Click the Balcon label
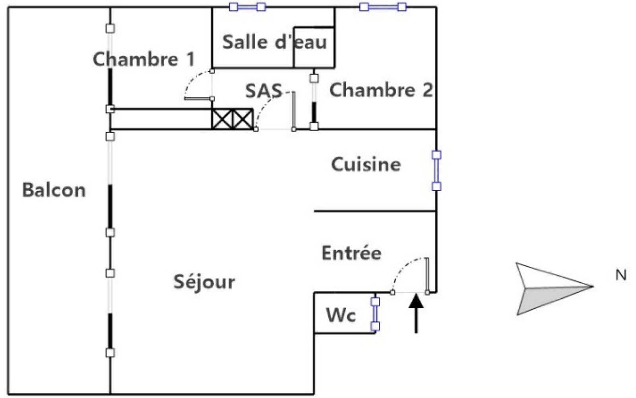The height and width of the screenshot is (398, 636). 54,190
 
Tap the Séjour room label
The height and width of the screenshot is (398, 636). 204,282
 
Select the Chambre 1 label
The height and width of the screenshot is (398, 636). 143,59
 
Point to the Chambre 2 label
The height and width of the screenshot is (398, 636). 380,90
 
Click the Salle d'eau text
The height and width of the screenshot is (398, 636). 274,42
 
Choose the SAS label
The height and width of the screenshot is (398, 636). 263,91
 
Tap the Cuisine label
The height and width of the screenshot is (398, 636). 366,164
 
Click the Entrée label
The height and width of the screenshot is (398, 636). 351,253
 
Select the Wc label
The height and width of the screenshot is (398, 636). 341,315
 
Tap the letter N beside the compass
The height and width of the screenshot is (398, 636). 620,275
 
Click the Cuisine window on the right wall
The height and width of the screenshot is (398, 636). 436,170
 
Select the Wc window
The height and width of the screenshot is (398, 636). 375,314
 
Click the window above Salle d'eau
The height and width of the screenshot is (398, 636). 247,7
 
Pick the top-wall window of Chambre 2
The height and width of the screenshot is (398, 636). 383,7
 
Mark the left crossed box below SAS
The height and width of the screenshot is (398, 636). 222,119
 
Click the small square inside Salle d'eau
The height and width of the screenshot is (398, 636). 313,47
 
